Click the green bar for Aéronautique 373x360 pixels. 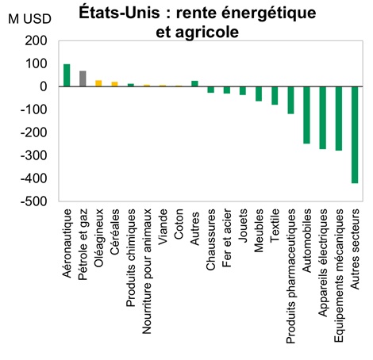point(67,75)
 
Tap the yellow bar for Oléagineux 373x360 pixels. point(98,83)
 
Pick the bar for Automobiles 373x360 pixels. point(306,115)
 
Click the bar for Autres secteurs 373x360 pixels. point(355,135)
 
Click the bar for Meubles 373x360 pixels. point(259,94)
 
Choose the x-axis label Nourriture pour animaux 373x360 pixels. point(147,261)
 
